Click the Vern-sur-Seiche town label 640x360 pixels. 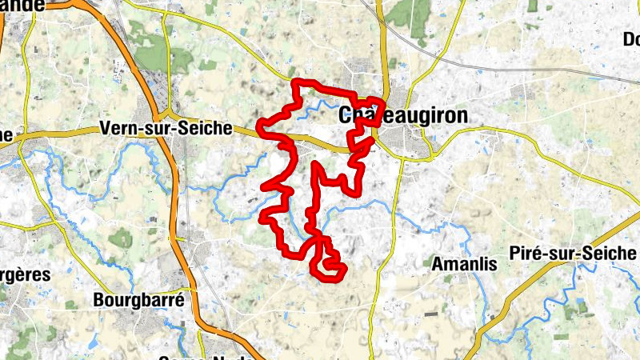coord(166,128)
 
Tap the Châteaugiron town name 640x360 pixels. coord(403,115)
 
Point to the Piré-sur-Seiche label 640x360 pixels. coord(573,254)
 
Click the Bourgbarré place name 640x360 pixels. coord(139,301)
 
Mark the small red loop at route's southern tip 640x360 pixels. coord(328,268)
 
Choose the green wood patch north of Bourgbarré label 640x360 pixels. coord(121,238)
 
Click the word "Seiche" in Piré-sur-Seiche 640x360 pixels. coord(612,254)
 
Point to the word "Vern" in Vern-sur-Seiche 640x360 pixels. coord(118,128)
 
